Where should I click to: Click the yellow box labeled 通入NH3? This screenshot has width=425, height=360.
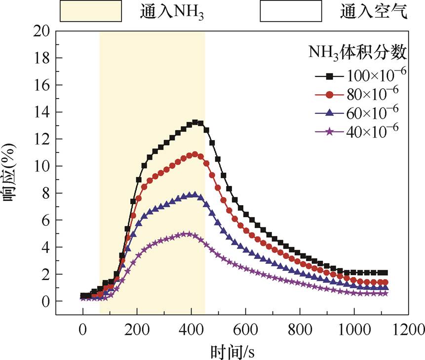click(x=91, y=11)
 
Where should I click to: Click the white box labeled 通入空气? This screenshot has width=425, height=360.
click(x=291, y=11)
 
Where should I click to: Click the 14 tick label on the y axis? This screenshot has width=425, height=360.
click(x=41, y=112)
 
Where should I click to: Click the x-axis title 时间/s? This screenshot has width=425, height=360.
click(x=232, y=351)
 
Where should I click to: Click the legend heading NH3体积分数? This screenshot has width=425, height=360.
click(x=357, y=52)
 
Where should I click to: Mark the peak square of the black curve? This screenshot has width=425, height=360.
click(x=195, y=122)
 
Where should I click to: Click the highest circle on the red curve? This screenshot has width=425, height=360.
click(x=195, y=154)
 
